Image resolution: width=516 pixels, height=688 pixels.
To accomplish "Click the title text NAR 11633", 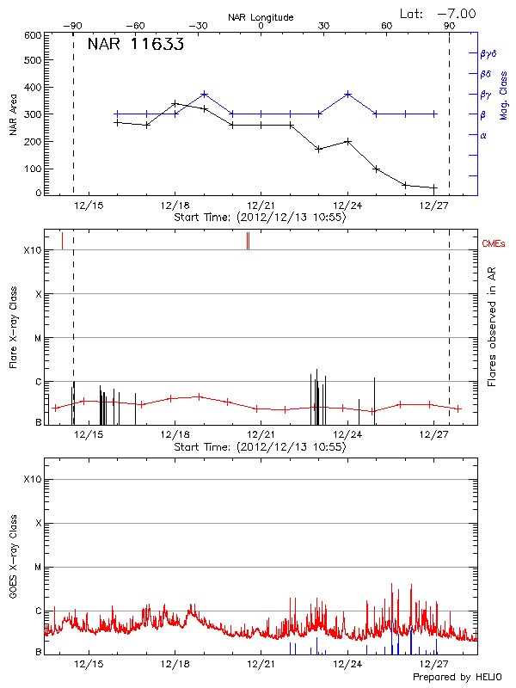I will point(136,46).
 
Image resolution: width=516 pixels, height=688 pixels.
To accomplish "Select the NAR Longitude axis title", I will point(261,16).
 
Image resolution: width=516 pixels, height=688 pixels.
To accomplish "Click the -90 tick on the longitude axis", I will point(76,26).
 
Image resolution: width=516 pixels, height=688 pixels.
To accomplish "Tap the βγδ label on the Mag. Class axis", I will point(488,53).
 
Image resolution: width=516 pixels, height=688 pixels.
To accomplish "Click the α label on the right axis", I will point(482,135).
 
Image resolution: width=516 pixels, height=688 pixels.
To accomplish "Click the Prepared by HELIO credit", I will point(460,677).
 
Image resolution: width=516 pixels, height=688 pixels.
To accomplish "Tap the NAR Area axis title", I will point(13,114).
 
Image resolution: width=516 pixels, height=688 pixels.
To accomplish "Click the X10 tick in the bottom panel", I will point(32,479).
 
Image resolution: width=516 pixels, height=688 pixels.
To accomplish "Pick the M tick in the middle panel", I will point(37,338).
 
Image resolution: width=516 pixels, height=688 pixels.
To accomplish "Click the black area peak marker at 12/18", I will point(175,103).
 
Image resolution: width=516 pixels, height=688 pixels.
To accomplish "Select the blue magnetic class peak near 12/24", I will point(347,94).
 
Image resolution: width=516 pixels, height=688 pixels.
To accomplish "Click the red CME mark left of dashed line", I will point(62,240).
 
